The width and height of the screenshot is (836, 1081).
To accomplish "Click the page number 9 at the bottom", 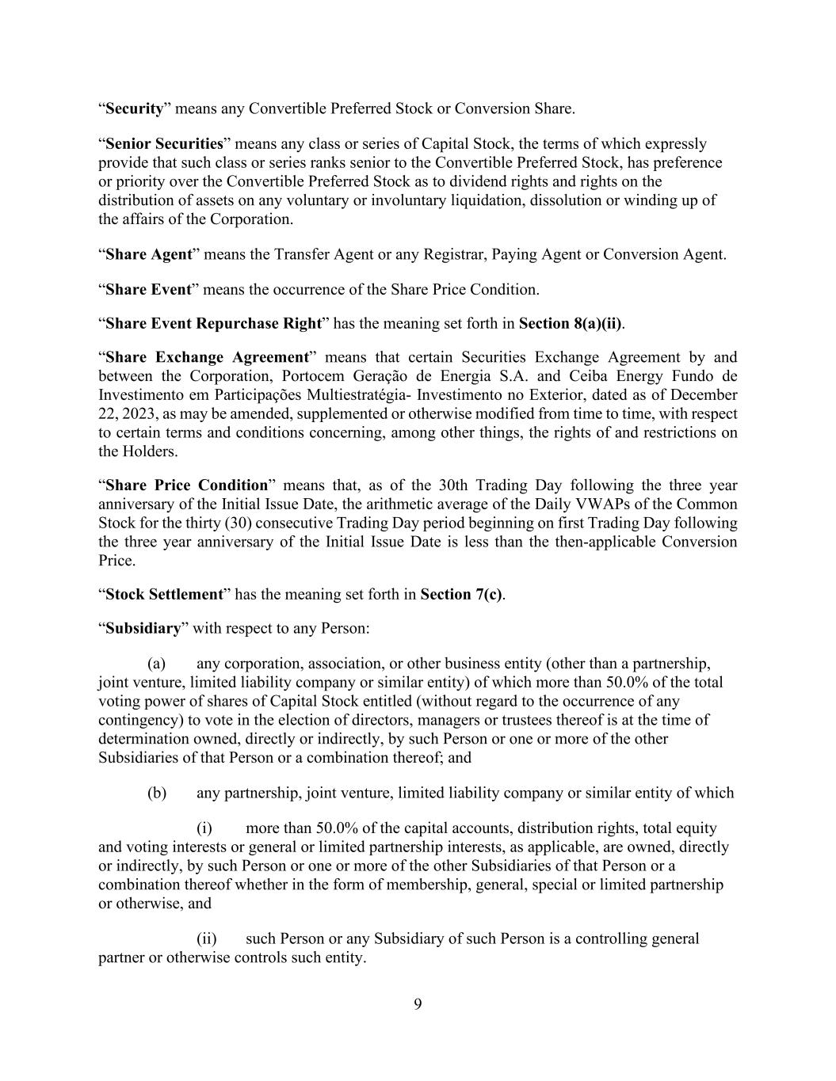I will coord(418,1005).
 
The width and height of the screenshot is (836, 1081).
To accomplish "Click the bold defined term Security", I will coord(134,108).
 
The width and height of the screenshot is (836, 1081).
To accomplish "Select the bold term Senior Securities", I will coord(164,144).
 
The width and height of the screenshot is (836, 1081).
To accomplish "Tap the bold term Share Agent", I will coord(149,254).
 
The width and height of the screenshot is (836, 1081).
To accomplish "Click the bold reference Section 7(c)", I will coord(461,595).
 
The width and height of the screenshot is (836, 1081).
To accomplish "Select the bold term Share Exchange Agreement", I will coord(206,358).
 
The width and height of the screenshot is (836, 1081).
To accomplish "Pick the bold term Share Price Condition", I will coord(186,485).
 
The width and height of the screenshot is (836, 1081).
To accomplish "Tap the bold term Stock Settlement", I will coord(164,595).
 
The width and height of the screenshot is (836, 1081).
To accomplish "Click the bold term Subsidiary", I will coord(143,629).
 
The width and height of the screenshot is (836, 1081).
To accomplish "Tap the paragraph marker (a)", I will coord(156,664).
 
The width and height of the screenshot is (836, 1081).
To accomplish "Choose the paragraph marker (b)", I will coord(156,794).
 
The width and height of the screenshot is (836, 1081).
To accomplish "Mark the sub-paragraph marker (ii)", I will coord(206,939).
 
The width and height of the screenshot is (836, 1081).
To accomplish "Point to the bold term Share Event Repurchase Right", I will coord(213,324).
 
